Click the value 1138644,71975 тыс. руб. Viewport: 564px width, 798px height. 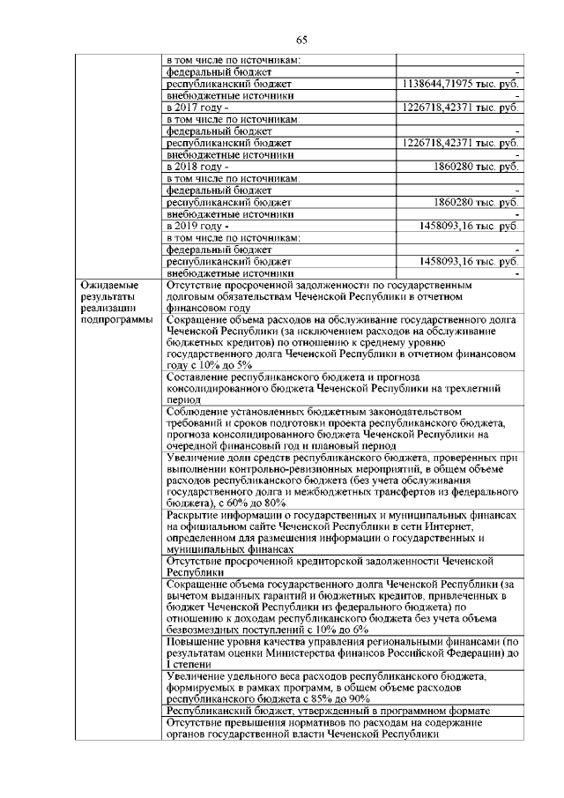[x=459, y=83]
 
